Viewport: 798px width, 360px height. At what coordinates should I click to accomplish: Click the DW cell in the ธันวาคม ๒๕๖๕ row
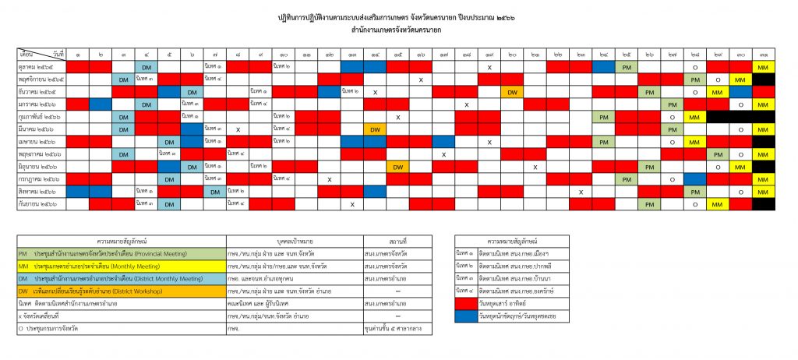coord(512,92)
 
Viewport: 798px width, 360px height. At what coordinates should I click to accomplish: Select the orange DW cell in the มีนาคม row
coord(374,129)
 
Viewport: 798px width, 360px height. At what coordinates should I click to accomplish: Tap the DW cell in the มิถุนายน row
coord(397,167)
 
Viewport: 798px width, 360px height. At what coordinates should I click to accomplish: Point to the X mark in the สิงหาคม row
coord(581,192)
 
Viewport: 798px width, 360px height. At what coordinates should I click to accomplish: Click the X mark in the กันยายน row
coord(352,204)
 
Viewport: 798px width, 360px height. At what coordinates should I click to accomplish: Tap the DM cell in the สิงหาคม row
coord(215,192)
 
